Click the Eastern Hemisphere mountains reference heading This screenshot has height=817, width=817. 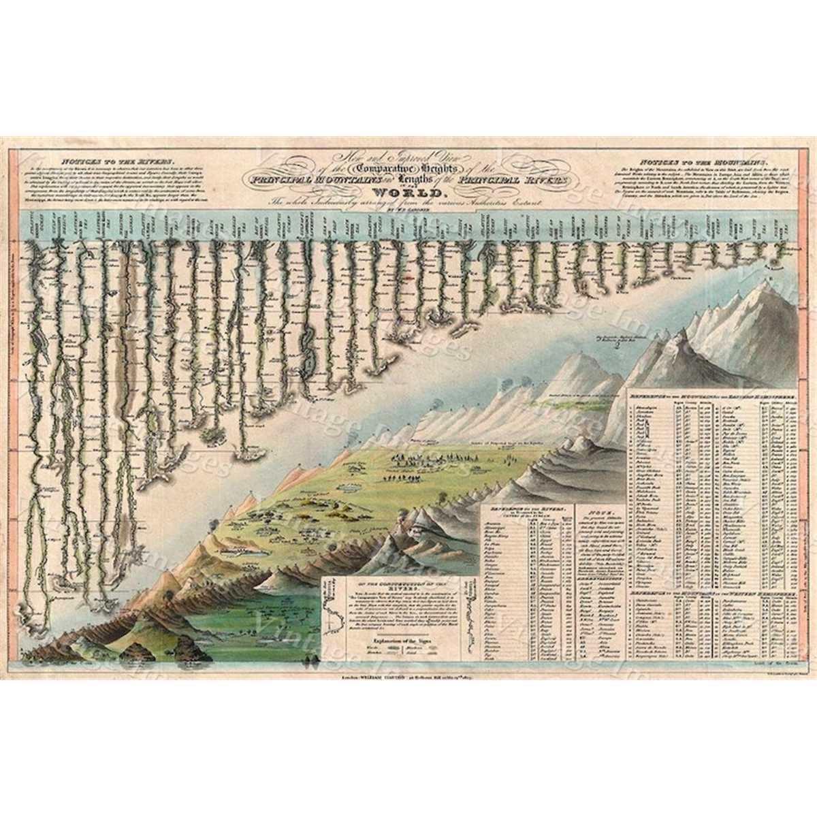click(x=711, y=395)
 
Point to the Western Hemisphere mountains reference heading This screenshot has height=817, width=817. click(x=711, y=594)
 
